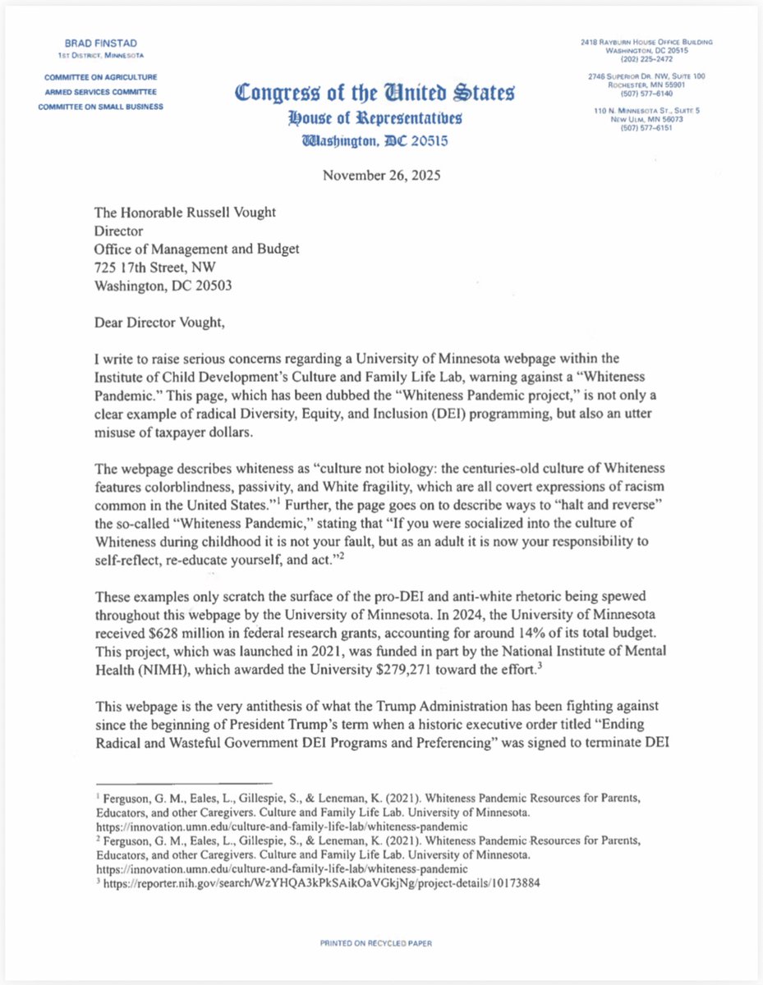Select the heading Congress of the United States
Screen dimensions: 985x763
click(x=375, y=92)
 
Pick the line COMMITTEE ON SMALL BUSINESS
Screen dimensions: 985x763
click(x=101, y=107)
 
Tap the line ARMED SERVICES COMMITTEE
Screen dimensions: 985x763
click(x=99, y=92)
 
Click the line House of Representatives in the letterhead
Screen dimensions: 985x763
click(x=375, y=118)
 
